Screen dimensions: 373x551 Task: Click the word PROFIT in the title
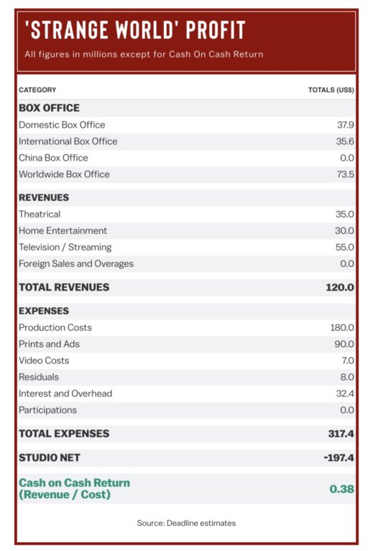pyautogui.click(x=216, y=30)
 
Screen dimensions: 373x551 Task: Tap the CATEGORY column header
pyautogui.click(x=37, y=90)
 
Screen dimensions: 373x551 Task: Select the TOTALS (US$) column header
pyautogui.click(x=331, y=90)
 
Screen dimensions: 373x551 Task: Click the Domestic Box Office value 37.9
pyautogui.click(x=346, y=125)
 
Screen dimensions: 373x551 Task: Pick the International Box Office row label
pyautogui.click(x=68, y=141)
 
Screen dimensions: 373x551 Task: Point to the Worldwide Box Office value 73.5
pyautogui.click(x=345, y=174)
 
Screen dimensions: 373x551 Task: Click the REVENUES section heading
pyautogui.click(x=44, y=197)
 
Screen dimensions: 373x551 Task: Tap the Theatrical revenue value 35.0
pyautogui.click(x=345, y=214)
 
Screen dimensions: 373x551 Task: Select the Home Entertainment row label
pyautogui.click(x=63, y=230)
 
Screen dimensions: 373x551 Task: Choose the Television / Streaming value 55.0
pyautogui.click(x=345, y=247)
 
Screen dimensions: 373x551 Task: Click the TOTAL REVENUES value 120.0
pyautogui.click(x=340, y=288)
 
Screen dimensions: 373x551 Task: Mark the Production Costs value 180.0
pyautogui.click(x=342, y=327)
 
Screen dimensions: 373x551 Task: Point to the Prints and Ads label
pyautogui.click(x=50, y=344)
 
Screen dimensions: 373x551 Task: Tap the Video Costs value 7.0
pyautogui.click(x=347, y=361)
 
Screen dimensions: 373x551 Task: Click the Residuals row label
pyautogui.click(x=39, y=377)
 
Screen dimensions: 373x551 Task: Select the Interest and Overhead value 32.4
pyautogui.click(x=345, y=394)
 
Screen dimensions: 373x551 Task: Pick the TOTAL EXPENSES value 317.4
pyautogui.click(x=341, y=433)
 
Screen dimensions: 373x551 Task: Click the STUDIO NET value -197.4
pyautogui.click(x=339, y=458)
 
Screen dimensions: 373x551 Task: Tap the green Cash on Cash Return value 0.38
pyautogui.click(x=341, y=489)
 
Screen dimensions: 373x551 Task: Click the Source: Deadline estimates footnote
pyautogui.click(x=187, y=523)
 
